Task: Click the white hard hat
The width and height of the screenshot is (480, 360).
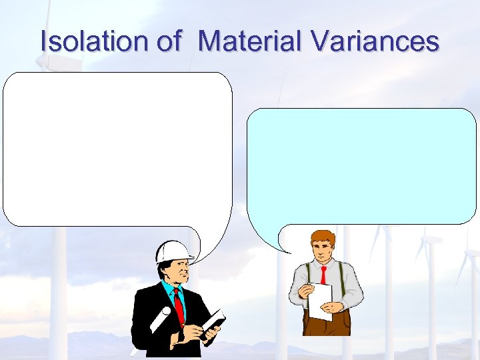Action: [x=173, y=251]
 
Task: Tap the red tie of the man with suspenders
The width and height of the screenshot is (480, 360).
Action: [x=323, y=274]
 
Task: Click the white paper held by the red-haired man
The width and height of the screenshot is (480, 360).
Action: [x=320, y=301]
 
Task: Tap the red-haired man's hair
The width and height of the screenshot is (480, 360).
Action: [x=323, y=237]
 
